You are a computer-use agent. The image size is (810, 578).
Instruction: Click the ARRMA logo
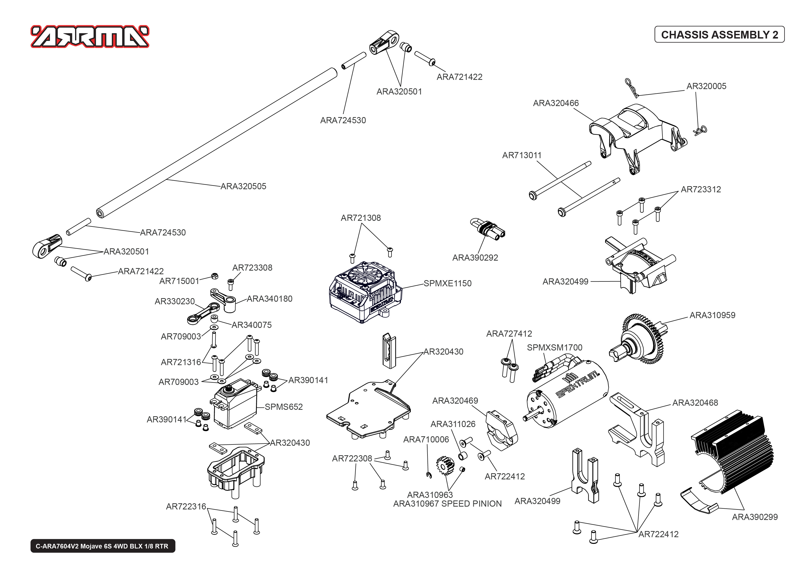coord(90,36)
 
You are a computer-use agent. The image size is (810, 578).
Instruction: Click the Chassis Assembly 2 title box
coord(719,34)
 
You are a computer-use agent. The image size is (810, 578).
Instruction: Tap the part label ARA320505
coord(243,186)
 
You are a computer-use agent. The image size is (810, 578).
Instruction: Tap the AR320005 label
coord(706,86)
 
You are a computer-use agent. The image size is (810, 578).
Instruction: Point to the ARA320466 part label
coord(556,103)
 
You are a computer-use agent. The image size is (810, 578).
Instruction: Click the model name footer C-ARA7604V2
coord(103,546)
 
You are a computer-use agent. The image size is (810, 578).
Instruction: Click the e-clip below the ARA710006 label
coord(429,475)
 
